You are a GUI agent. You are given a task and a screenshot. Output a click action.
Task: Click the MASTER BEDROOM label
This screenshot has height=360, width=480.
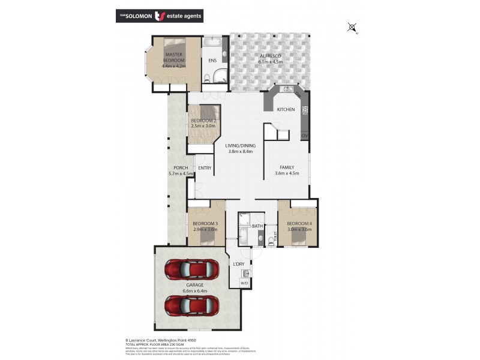tap(175, 58)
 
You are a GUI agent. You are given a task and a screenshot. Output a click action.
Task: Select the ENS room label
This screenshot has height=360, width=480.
tap(212, 61)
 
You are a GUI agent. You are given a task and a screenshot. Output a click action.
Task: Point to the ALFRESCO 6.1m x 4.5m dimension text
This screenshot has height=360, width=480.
tap(270, 61)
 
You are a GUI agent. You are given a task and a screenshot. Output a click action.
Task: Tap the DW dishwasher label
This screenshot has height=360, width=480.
tap(298, 95)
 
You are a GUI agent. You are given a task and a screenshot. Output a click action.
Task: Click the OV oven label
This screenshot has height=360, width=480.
tap(305, 136)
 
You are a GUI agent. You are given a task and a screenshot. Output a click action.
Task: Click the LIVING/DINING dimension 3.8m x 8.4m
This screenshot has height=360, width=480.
tap(241, 151)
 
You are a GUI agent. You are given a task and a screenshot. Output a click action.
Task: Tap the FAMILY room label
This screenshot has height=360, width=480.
tap(286, 167)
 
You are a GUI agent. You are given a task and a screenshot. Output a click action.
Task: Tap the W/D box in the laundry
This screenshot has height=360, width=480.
tap(246, 283)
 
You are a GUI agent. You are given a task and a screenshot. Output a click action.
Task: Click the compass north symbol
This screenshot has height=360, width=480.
tap(352, 26)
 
